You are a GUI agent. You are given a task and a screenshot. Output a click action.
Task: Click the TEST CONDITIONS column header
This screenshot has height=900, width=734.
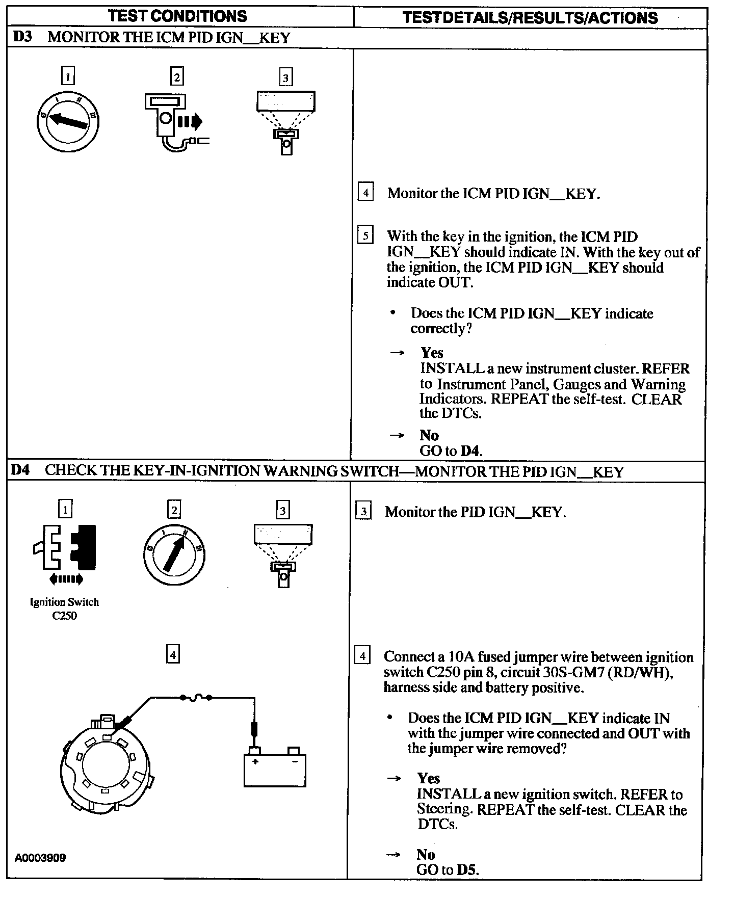click(x=178, y=16)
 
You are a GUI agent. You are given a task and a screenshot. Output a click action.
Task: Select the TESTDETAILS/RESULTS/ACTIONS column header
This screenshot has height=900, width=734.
click(x=530, y=18)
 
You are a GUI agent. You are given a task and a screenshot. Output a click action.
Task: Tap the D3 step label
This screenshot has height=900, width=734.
click(x=22, y=37)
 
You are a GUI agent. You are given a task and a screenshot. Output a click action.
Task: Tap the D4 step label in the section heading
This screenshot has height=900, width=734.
click(x=20, y=470)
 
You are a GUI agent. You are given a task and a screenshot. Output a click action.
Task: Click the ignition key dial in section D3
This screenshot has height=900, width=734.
click(x=68, y=122)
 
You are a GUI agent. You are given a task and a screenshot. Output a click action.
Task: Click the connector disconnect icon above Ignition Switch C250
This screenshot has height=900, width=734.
click(x=65, y=549)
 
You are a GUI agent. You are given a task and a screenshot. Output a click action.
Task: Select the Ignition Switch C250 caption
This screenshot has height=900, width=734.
click(x=65, y=608)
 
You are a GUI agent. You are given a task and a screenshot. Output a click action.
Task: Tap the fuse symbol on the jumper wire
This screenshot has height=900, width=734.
click(x=196, y=698)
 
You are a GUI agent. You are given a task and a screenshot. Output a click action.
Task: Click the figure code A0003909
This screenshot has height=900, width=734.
click(x=40, y=858)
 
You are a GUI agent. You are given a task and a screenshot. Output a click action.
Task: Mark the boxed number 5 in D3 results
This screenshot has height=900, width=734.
click(x=365, y=236)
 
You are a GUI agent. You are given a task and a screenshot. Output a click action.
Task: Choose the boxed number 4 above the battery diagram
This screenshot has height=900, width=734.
click(x=173, y=654)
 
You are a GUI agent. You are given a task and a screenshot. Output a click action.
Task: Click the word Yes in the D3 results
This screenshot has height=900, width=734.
click(x=432, y=353)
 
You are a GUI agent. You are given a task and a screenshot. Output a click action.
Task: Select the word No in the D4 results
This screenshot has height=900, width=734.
click(x=426, y=855)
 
